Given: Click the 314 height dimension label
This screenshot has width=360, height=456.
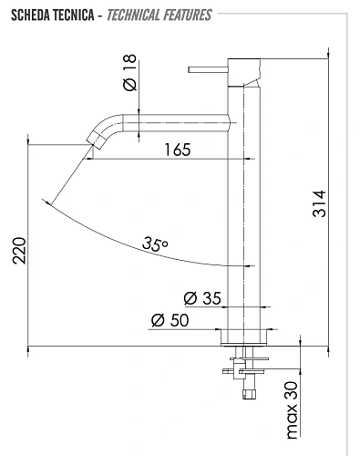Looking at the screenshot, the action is [x=319, y=203].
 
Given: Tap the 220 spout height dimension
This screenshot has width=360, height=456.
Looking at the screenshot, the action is [x=19, y=251].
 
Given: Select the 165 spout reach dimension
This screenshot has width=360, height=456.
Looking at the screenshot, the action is [x=178, y=150].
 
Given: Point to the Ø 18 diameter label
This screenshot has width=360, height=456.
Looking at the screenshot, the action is [x=130, y=72].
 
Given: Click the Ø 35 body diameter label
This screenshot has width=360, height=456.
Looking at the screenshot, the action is [x=202, y=298].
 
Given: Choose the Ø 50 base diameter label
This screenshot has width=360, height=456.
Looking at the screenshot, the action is [x=170, y=320].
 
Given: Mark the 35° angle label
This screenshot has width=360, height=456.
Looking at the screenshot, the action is [x=155, y=244].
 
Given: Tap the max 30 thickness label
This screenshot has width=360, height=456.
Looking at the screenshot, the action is [x=293, y=410].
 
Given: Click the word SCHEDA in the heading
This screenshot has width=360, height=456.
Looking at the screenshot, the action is [x=31, y=16].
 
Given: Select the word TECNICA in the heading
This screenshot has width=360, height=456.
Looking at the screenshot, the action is [x=74, y=16].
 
